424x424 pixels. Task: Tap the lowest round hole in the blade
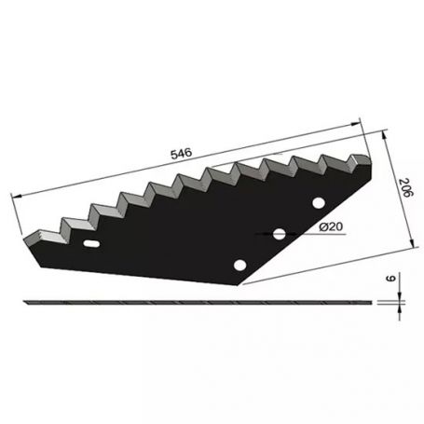[241, 265]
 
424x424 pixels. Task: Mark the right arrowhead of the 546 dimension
[359, 121]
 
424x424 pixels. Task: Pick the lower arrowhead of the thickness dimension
[400, 308]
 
